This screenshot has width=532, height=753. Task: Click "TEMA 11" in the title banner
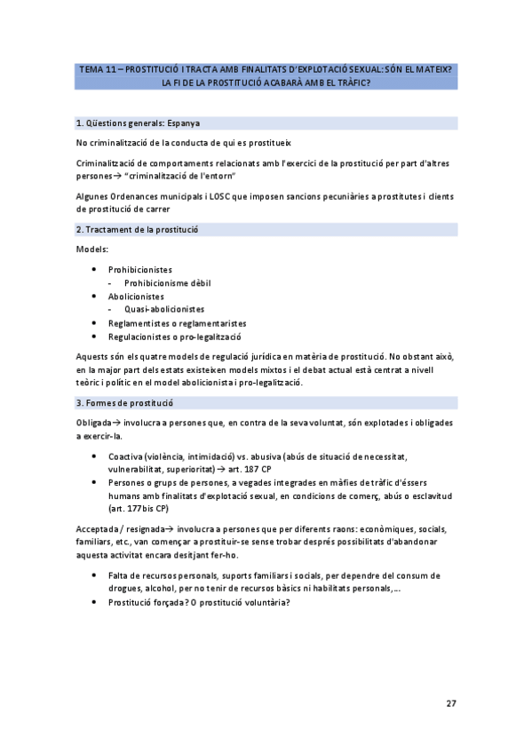tap(97, 68)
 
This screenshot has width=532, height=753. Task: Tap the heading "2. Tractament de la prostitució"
tap(138, 229)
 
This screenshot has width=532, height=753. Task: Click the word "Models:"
tap(92, 250)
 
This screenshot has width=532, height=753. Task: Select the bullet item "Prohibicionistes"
tap(140, 269)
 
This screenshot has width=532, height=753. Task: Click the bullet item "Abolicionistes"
tap(137, 296)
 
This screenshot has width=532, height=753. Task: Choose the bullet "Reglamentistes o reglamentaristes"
tap(177, 323)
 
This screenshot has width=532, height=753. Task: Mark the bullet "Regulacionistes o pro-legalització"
tap(177, 337)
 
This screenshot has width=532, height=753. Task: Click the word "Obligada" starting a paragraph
tap(94, 423)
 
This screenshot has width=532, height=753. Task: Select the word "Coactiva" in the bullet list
tap(124, 455)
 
